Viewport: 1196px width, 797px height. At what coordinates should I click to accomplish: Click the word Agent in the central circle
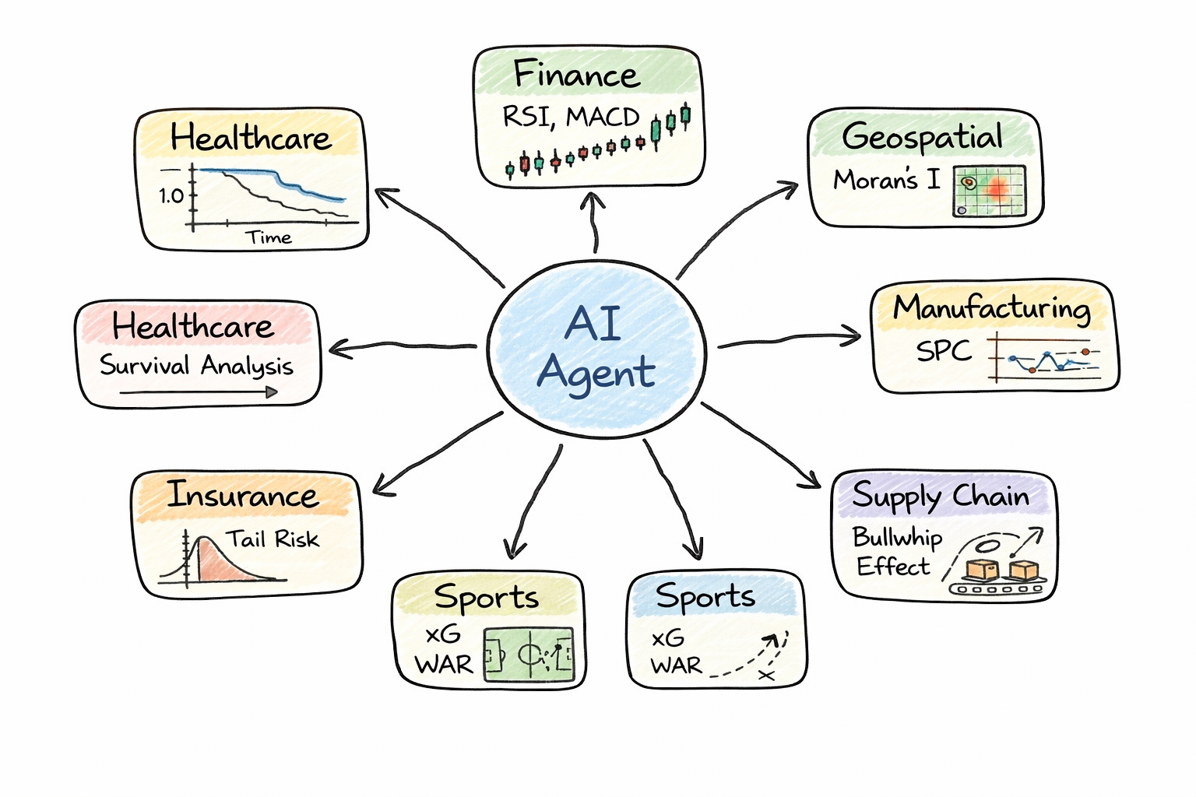(596, 372)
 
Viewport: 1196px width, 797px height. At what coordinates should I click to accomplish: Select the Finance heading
(576, 75)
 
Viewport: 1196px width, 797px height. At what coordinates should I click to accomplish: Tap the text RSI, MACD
(570, 117)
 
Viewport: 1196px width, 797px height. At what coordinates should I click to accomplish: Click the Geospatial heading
(923, 137)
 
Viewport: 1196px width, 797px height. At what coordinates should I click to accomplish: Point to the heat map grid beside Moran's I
(989, 191)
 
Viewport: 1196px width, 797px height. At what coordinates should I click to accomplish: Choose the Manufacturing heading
(991, 308)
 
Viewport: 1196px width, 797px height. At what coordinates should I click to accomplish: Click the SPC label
(944, 351)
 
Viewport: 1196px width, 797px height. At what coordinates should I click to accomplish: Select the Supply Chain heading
(941, 497)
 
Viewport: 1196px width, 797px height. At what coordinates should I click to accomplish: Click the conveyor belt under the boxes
(997, 589)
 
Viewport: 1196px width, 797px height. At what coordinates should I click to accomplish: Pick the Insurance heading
(243, 495)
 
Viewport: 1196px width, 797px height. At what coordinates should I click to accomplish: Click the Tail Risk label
(273, 539)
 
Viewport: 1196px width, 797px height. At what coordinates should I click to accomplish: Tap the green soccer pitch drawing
(529, 655)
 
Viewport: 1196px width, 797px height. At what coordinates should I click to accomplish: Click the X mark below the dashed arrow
(766, 675)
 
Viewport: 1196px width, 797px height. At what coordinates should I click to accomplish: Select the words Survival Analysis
(196, 365)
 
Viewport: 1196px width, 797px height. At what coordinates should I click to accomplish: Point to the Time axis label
(269, 237)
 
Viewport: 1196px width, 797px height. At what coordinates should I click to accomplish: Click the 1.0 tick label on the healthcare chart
(171, 195)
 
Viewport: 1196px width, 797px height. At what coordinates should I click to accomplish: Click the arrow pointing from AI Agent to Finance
(594, 223)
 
